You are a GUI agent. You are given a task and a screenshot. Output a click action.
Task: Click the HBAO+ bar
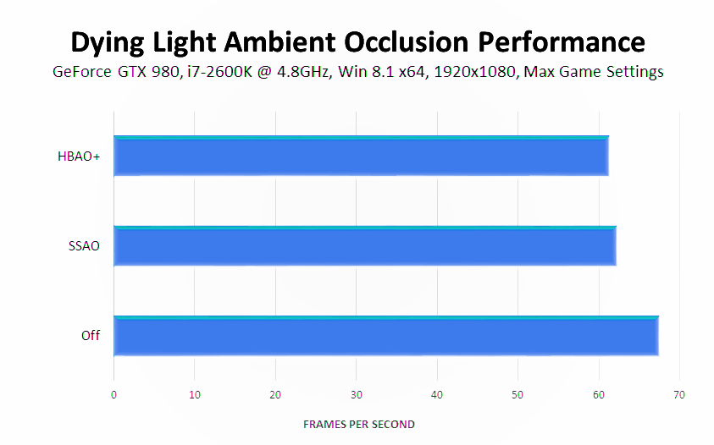click(x=361, y=157)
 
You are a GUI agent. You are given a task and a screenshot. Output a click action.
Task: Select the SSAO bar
click(x=364, y=246)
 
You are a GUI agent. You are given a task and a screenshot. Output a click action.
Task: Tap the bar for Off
click(x=385, y=336)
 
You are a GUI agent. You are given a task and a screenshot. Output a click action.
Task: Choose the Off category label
click(x=91, y=336)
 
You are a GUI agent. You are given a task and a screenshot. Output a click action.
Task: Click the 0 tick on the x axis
click(x=113, y=395)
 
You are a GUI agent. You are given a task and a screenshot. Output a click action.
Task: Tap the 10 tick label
click(x=194, y=395)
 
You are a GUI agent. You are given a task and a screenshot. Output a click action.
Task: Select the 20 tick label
click(x=275, y=395)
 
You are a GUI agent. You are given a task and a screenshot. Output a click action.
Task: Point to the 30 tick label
click(x=356, y=395)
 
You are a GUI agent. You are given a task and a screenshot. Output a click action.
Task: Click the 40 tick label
click(x=437, y=395)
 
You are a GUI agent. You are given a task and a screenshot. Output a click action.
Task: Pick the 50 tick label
click(x=518, y=395)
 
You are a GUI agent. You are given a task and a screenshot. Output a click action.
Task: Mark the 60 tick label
click(x=599, y=395)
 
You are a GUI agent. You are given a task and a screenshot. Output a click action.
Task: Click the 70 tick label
click(x=679, y=395)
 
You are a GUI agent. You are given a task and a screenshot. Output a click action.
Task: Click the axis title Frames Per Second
click(x=359, y=424)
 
